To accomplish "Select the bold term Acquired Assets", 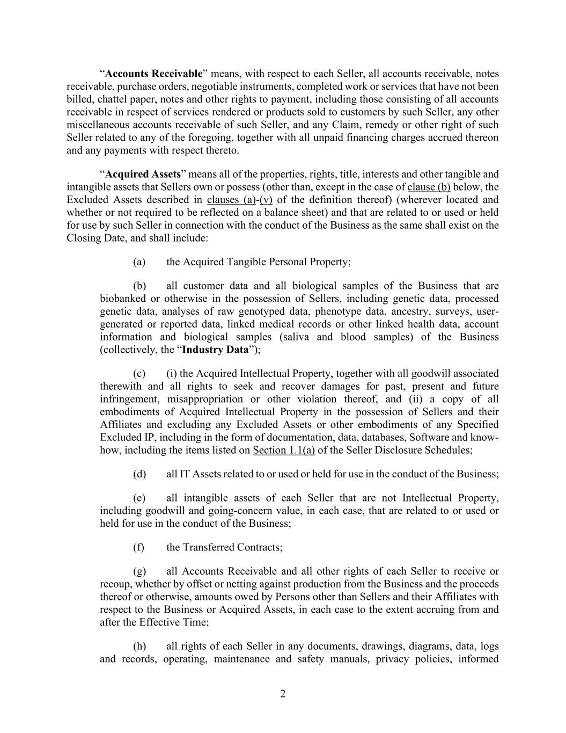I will point(143,174).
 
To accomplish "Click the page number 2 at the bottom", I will point(283,694).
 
